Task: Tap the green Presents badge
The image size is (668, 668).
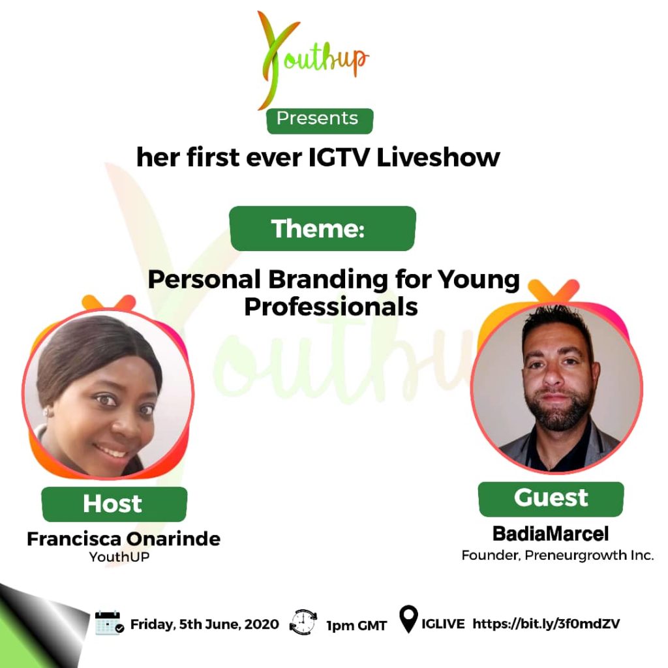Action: (320, 121)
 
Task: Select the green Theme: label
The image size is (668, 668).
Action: (322, 228)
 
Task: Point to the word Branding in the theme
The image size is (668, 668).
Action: (328, 280)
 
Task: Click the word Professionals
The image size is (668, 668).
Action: (331, 307)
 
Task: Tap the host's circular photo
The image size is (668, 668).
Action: (108, 393)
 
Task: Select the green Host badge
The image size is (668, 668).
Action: (114, 504)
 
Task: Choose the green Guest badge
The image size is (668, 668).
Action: (551, 499)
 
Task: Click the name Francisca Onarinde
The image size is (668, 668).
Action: (123, 539)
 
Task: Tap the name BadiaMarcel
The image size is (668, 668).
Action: (551, 534)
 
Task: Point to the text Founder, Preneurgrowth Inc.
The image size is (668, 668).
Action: (558, 555)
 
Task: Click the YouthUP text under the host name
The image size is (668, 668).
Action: (119, 557)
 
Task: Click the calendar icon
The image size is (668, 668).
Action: (109, 623)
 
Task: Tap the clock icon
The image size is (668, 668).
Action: (303, 622)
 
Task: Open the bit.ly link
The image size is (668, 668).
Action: (546, 624)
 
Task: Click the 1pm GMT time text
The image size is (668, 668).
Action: (357, 626)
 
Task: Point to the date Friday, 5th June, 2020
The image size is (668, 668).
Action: (204, 624)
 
